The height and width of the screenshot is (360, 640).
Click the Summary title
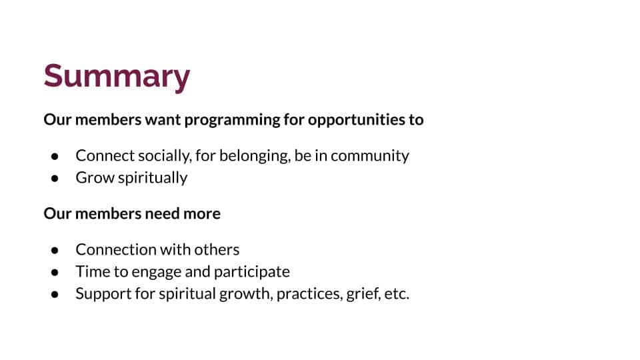click(x=117, y=77)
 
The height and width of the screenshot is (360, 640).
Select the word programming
click(x=232, y=120)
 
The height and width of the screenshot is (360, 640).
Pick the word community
click(x=370, y=156)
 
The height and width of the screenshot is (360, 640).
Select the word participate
click(x=252, y=272)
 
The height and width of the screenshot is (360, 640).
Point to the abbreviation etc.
click(x=397, y=294)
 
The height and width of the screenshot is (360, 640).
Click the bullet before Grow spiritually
click(x=55, y=179)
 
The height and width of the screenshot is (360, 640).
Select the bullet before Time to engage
click(x=55, y=272)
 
